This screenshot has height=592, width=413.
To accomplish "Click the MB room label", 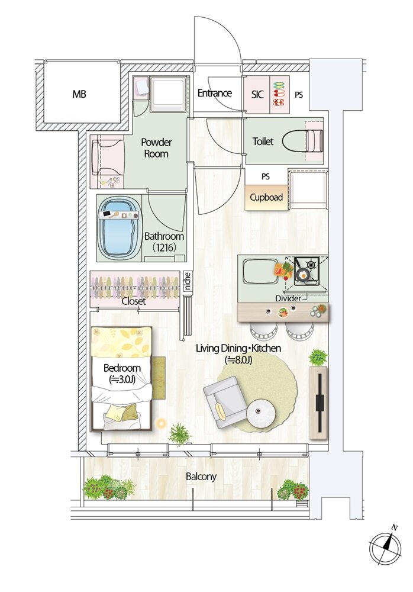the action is pos(79,94).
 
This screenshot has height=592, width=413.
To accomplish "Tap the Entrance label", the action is pos(214,94).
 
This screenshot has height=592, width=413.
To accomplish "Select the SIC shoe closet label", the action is pos(257,94).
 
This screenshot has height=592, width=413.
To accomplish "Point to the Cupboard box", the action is pos(266,197).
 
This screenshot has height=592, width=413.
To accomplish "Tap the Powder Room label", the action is pos(156,147).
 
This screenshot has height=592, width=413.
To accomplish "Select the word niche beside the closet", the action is pos(188,281).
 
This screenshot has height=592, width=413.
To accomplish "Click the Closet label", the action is pos(134,301).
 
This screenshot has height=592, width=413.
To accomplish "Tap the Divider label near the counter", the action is pos(288,298).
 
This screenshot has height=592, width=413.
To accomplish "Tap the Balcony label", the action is pos(201,477).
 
